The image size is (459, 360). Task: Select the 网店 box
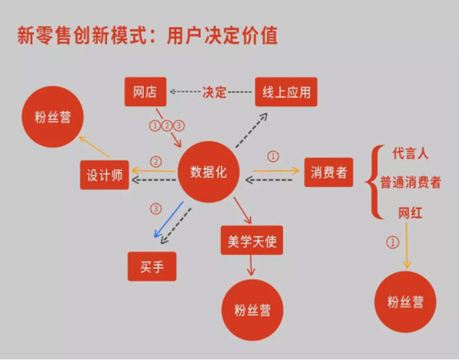coord(145,92)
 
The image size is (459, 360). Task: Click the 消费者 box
coord(329,173)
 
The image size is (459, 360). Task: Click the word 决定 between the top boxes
coord(215,92)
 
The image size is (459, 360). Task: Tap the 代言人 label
coord(412,154)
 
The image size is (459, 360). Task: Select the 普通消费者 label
coord(412,183)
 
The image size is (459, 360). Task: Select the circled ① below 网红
coord(394,242)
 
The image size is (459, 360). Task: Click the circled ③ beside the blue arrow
coord(156,208)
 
